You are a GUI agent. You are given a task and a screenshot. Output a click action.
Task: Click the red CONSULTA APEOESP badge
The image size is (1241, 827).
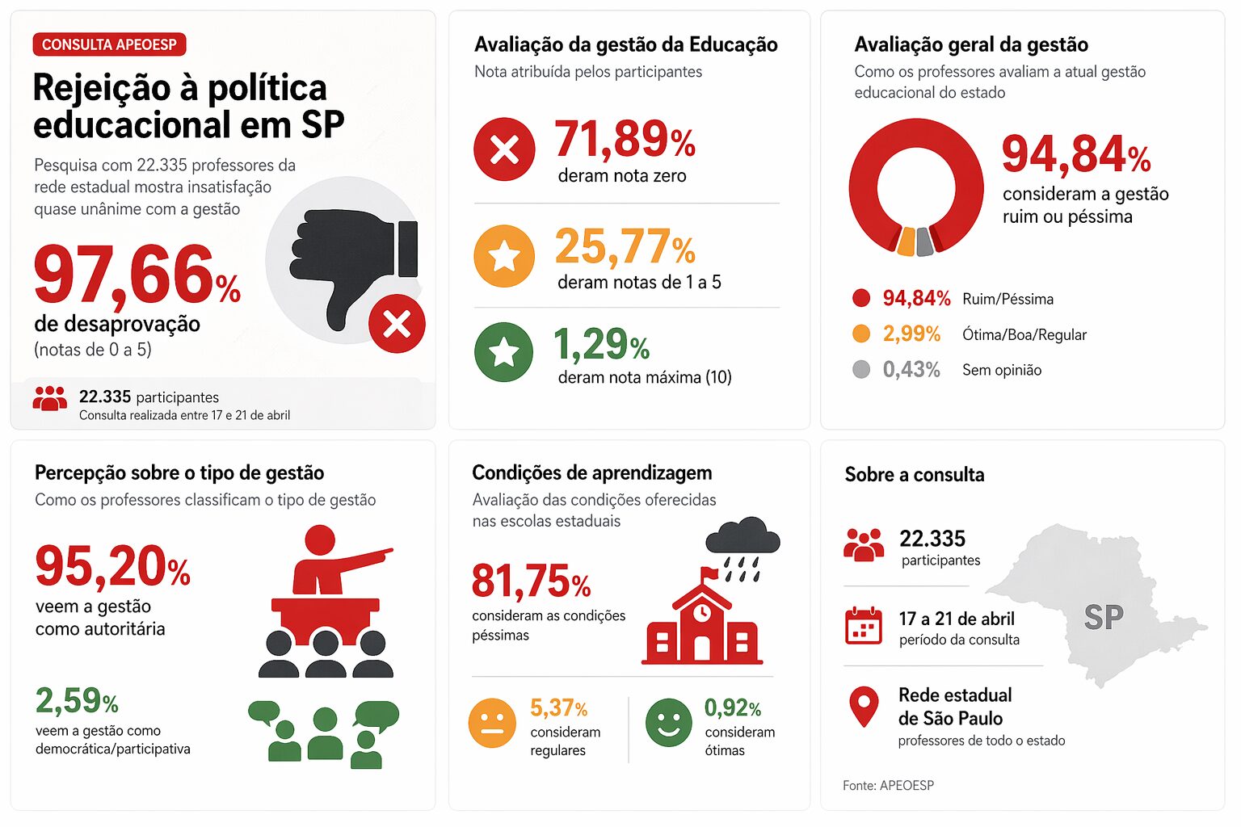click(x=109, y=44)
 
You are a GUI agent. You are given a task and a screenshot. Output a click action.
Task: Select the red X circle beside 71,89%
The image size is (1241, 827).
click(x=504, y=149)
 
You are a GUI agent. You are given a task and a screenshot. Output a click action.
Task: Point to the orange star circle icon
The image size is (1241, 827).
click(x=504, y=256)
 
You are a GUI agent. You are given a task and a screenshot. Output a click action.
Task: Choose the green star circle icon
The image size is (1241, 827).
click(x=504, y=351)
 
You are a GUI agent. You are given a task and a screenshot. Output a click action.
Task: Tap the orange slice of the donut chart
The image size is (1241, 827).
click(x=907, y=241)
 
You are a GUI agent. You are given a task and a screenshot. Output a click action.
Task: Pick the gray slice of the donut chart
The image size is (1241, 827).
click(x=925, y=241)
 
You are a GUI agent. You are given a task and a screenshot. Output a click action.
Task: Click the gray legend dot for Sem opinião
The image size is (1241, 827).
click(x=861, y=369)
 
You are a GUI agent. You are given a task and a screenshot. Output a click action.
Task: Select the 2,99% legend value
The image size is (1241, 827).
click(x=911, y=334)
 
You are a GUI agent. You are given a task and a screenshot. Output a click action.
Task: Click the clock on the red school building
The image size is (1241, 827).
click(x=701, y=612)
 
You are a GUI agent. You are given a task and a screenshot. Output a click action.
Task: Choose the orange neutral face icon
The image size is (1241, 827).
click(x=492, y=723)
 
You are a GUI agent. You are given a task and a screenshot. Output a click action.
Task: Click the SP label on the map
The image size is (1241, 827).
click(x=1103, y=618)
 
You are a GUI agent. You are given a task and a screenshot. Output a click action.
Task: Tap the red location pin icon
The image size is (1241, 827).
click(x=864, y=705)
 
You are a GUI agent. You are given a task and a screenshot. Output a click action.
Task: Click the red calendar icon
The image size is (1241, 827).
click(x=863, y=626)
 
